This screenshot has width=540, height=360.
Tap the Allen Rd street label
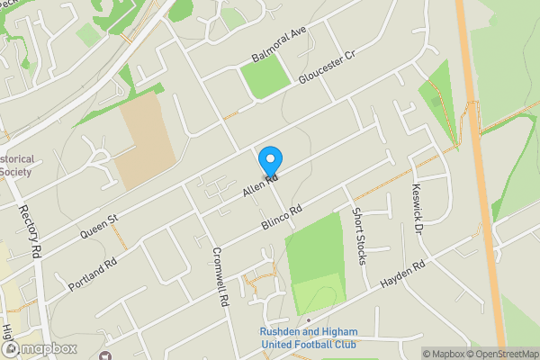[x=259, y=186]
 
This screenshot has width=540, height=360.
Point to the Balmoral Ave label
[x=280, y=45]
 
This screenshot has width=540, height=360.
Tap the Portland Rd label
[x=93, y=275]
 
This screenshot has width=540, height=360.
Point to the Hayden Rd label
[x=402, y=274]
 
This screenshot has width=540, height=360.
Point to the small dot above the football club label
[x=308, y=319]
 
